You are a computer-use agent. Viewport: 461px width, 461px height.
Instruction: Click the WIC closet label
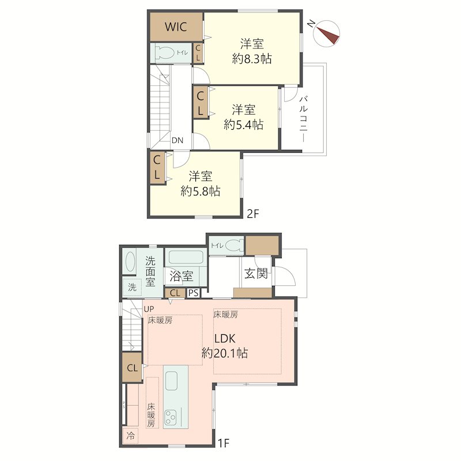click(176, 27)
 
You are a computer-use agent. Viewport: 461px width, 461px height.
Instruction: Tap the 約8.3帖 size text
click(252, 59)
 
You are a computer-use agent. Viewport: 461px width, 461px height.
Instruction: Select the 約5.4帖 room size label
click(243, 125)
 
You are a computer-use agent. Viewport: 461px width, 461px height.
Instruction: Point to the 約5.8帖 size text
click(201, 191)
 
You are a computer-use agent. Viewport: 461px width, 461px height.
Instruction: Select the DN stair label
click(177, 140)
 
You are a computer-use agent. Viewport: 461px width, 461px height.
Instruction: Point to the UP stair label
click(149, 309)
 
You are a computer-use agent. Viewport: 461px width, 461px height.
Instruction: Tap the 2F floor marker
click(253, 214)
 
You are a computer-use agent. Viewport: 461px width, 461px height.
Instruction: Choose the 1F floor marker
click(223, 443)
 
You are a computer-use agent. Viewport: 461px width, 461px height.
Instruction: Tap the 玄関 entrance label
click(256, 273)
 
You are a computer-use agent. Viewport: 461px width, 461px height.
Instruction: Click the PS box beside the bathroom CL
click(194, 293)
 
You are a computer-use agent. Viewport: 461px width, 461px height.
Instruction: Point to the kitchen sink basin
click(171, 381)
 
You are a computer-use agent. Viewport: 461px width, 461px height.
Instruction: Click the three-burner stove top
click(170, 417)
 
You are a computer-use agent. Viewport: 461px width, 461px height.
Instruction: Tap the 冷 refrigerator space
click(130, 436)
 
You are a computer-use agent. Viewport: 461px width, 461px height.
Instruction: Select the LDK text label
click(225, 339)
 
